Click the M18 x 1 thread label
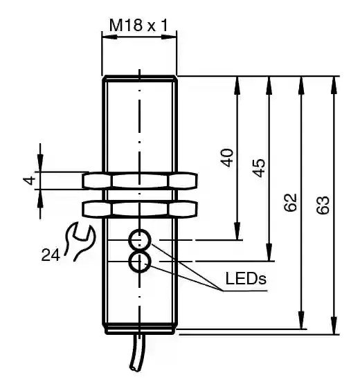(x=138, y=25)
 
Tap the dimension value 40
(x=227, y=158)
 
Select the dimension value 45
(x=259, y=167)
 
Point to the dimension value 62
(x=290, y=202)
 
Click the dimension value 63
(x=323, y=205)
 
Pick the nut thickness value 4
(x=29, y=181)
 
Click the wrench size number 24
(x=51, y=255)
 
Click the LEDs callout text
(x=246, y=278)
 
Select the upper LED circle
(x=140, y=240)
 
